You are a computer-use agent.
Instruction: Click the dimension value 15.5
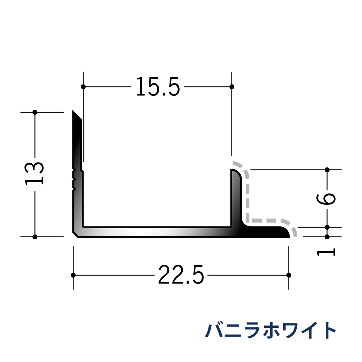158,87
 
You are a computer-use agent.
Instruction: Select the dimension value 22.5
181,275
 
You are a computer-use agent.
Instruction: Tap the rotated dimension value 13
35,173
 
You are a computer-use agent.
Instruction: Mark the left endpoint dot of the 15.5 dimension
83,87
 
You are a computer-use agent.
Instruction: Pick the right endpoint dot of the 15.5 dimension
232,87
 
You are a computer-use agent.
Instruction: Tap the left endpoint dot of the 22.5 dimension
73,275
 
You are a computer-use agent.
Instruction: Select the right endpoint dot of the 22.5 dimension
289,275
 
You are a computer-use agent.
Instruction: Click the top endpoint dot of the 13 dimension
35,112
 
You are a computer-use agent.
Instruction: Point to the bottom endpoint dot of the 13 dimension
35,237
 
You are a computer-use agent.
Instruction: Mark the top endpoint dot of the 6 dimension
327,170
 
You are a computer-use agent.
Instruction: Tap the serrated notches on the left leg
74,179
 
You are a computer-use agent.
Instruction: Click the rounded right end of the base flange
287,232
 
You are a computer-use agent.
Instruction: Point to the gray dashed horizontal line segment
268,221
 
